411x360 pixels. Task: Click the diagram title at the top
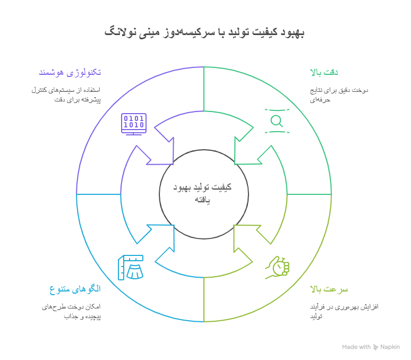click(x=204, y=32)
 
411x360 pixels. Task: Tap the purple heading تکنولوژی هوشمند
click(x=70, y=72)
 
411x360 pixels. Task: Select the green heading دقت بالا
click(x=324, y=72)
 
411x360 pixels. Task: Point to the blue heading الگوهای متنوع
click(x=75, y=289)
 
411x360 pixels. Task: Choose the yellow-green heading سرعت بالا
click(x=329, y=289)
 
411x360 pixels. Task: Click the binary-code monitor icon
click(x=133, y=124)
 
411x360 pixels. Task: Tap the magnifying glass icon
click(x=277, y=121)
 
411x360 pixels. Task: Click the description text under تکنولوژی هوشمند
click(x=66, y=95)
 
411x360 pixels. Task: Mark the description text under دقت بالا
click(x=339, y=95)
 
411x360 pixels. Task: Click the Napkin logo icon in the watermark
click(x=376, y=347)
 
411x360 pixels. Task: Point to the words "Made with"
click(x=356, y=347)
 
